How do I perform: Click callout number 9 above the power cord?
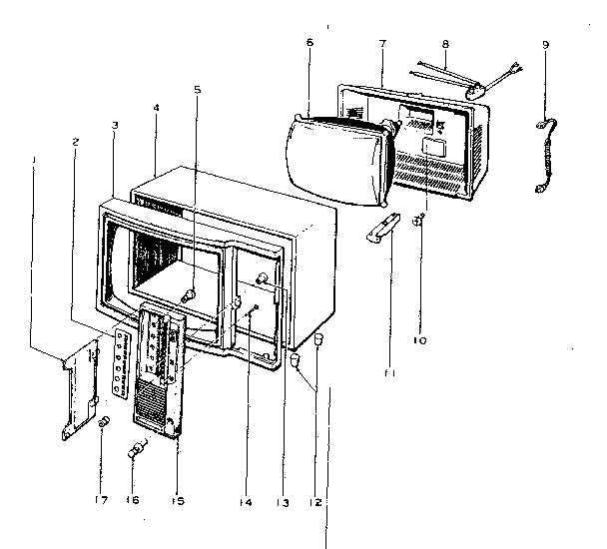(x=545, y=45)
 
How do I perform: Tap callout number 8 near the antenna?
(x=445, y=45)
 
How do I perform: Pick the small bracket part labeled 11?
(x=385, y=231)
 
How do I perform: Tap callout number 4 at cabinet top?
(x=157, y=107)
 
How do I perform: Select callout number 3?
(x=116, y=126)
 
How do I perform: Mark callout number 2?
(x=76, y=142)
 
